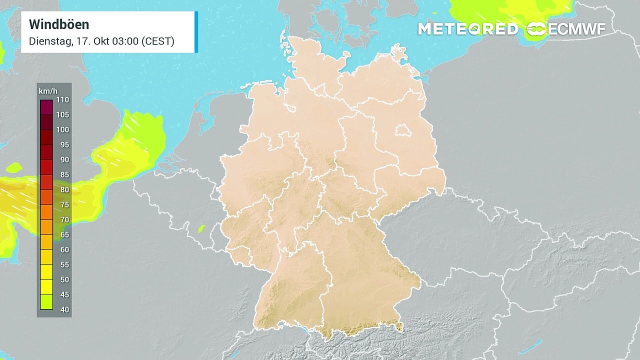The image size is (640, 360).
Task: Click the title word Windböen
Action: click(x=59, y=24)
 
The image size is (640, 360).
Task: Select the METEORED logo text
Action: click(x=467, y=29)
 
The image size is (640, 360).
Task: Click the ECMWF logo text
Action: click(x=576, y=29)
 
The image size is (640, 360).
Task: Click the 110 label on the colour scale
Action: click(x=63, y=100)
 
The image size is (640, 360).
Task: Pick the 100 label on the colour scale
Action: click(x=63, y=130)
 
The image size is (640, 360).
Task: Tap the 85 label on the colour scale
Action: click(x=64, y=175)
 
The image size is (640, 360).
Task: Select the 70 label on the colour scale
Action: click(x=64, y=220)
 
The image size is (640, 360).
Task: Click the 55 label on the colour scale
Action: click(x=64, y=265)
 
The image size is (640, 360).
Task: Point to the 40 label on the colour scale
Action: click(x=64, y=310)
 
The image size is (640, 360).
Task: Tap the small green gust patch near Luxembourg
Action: click(x=201, y=229)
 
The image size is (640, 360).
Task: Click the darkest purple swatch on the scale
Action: click(x=46, y=107)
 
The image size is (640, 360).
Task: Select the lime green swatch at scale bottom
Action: click(x=46, y=302)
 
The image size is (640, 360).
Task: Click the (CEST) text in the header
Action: click(x=158, y=41)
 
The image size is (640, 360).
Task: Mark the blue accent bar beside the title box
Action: click(x=196, y=32)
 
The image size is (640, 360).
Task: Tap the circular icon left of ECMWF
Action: click(x=536, y=29)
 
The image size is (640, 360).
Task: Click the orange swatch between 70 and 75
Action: click(x=46, y=212)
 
